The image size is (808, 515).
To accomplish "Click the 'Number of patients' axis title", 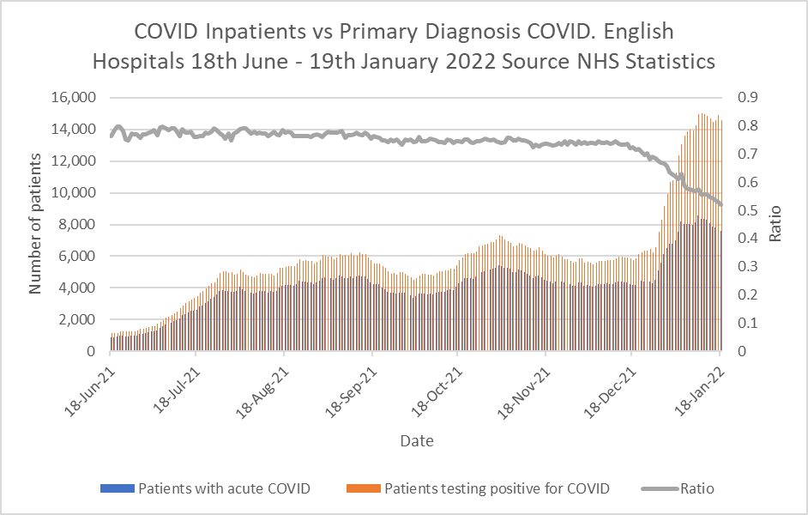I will point(36,224).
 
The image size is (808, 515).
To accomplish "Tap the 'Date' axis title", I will point(416,441).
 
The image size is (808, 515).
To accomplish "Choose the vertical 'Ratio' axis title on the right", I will point(775,224).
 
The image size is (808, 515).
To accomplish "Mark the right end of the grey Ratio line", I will point(721,204).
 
